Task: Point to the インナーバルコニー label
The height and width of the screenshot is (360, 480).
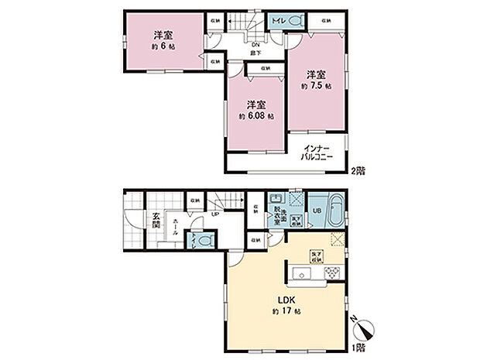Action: pos(317,153)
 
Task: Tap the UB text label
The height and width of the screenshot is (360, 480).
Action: pos(317,210)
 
